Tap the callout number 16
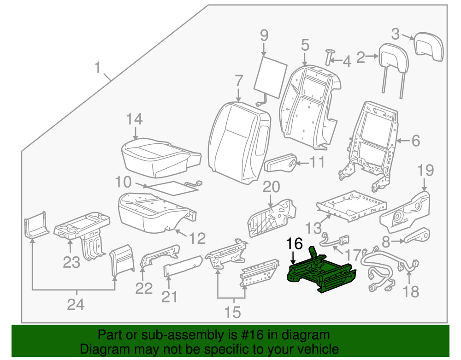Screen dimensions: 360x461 click(295, 244)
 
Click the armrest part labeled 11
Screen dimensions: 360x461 click(281, 164)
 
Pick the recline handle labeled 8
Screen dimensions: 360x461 click(417, 236)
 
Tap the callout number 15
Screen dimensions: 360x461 click(233, 312)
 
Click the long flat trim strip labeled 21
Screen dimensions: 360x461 click(183, 268)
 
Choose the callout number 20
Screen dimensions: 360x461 click(271, 187)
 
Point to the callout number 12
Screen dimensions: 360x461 click(197, 238)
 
